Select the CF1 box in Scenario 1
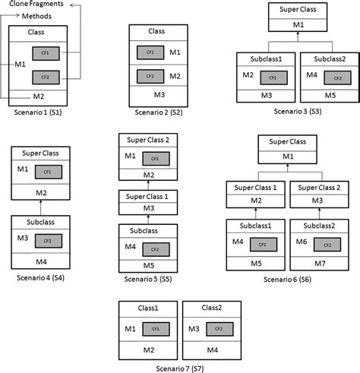tap(44, 53)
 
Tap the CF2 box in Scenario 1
tap(44, 77)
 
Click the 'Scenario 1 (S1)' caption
tap(38, 111)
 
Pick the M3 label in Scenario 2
tap(159, 95)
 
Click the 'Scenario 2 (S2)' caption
tap(158, 111)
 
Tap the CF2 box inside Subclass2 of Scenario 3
tap(333, 77)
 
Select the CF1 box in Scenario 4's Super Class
tap(48, 171)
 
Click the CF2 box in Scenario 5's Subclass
tap(156, 249)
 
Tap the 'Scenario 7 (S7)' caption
tap(181, 367)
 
